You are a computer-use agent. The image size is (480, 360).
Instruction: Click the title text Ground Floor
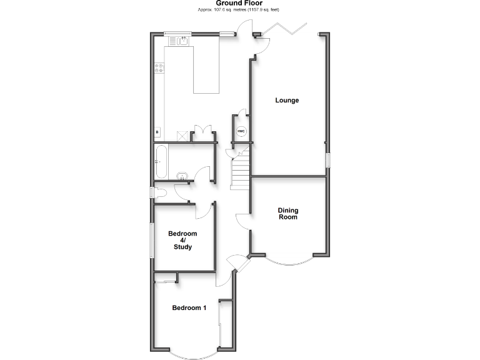click(x=240, y=3)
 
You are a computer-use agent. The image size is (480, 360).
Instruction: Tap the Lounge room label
click(x=287, y=100)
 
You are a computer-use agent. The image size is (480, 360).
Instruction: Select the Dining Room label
click(x=287, y=214)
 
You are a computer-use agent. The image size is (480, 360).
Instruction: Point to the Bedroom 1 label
click(x=189, y=307)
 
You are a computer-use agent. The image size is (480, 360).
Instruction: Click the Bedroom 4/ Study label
click(x=182, y=240)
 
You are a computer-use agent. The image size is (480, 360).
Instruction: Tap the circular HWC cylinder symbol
click(x=241, y=131)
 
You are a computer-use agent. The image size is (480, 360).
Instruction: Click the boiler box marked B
click(x=157, y=132)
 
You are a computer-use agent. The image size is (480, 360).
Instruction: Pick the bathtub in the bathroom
click(x=160, y=161)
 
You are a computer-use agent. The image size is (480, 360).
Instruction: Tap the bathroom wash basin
click(x=182, y=176)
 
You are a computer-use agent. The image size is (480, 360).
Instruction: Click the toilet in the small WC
click(x=157, y=193)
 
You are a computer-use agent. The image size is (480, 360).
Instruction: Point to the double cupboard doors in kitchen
click(x=202, y=132)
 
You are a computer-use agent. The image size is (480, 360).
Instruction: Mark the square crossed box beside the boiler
click(x=182, y=134)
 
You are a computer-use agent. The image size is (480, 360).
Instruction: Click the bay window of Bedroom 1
click(x=193, y=354)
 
